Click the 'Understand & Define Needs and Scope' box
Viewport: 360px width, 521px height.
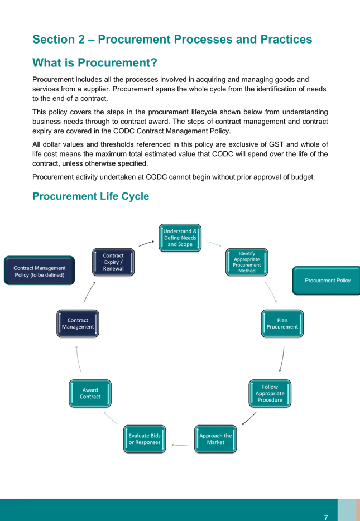click(180, 238)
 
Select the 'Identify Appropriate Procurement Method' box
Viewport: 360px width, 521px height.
click(247, 262)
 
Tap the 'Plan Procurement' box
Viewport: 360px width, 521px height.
click(282, 324)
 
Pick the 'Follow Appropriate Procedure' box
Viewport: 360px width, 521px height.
click(270, 393)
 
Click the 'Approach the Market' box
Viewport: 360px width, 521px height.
click(215, 439)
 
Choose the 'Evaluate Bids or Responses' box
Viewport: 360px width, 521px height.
click(145, 439)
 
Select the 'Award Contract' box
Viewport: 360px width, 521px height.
click(90, 393)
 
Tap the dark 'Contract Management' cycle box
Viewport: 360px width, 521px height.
click(78, 324)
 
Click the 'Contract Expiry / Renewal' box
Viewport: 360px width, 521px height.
click(113, 262)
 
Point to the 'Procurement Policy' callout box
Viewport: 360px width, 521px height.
click(327, 281)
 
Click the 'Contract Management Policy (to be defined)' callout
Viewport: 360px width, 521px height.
click(39, 271)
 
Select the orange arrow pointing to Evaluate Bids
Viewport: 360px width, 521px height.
click(180, 445)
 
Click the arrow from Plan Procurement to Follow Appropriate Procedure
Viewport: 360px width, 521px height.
click(282, 359)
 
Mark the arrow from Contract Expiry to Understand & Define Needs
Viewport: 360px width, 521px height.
click(146, 244)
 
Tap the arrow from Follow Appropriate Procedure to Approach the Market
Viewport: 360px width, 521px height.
click(249, 419)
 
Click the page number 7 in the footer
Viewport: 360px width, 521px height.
click(326, 517)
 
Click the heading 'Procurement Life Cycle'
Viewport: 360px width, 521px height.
click(91, 196)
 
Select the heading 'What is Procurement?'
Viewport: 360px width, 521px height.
click(95, 62)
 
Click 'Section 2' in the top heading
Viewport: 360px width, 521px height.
click(59, 39)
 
